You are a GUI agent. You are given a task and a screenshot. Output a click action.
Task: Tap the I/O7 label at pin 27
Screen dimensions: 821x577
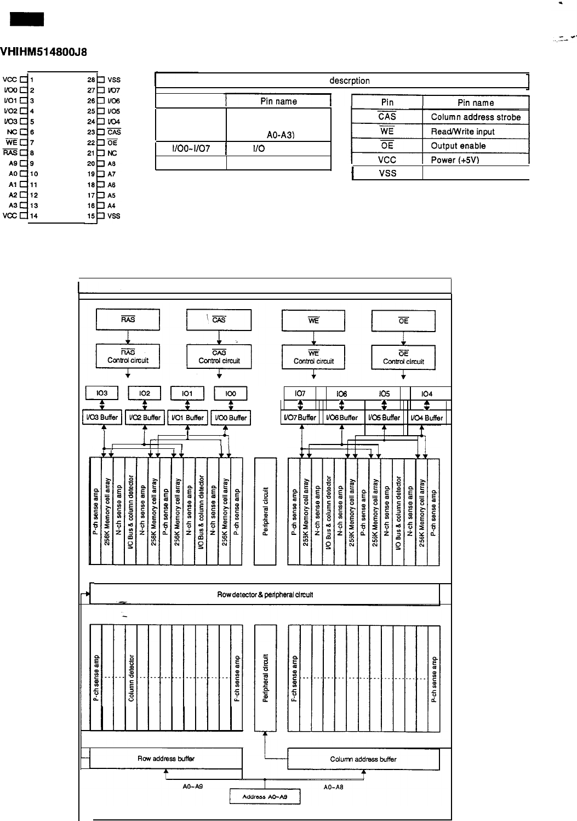(114, 90)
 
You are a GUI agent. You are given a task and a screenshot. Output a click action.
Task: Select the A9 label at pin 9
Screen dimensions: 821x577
(13, 163)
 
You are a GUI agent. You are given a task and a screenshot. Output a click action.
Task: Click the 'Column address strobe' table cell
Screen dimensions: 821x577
(475, 117)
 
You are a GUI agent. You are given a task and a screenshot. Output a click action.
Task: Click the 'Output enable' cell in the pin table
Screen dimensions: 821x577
(458, 146)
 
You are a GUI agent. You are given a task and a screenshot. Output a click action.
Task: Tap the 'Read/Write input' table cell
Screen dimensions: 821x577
(462, 132)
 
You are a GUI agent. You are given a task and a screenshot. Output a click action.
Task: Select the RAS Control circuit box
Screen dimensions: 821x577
(128, 357)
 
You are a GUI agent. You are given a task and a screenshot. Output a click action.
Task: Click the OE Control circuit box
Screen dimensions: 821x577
(403, 358)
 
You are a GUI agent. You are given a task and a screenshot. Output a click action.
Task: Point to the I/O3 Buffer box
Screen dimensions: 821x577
(101, 418)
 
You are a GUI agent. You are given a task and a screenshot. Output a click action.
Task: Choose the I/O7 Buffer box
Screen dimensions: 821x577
(300, 418)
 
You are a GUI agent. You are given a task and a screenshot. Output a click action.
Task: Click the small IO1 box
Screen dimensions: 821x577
(187, 394)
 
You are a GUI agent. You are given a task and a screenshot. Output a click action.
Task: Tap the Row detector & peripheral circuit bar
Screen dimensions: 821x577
(265, 595)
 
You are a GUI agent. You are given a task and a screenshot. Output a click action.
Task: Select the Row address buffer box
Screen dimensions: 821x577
(165, 759)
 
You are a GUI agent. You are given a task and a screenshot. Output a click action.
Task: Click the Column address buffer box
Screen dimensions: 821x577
(363, 759)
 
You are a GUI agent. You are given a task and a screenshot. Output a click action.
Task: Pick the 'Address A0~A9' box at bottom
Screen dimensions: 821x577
(265, 797)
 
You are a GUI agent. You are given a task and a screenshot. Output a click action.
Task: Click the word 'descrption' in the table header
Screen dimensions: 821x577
(350, 81)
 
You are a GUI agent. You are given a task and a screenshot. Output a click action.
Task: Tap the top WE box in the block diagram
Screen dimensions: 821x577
(313, 321)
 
